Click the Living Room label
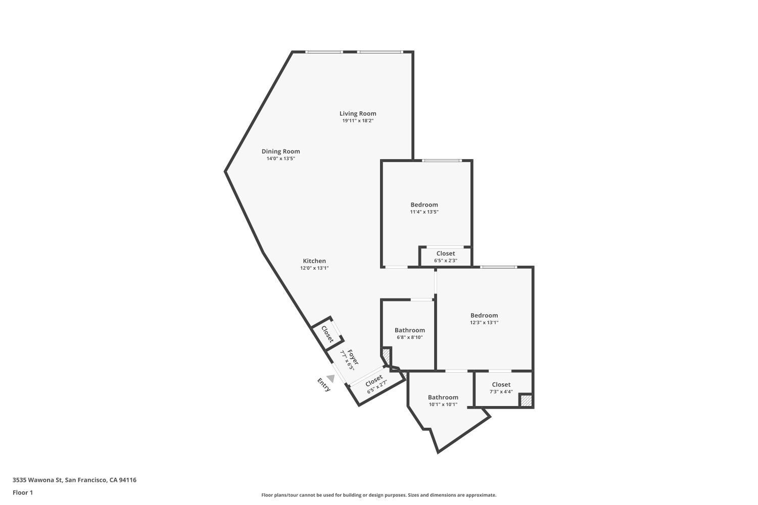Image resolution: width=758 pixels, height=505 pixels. click(357, 114)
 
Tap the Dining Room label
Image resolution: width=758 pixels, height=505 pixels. click(280, 151)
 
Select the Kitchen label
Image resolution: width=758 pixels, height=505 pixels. click(314, 261)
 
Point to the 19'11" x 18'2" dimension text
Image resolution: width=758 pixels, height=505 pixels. click(357, 121)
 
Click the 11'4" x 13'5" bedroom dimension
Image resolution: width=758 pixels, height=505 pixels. click(424, 212)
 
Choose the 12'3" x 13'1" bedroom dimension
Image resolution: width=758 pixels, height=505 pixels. click(484, 323)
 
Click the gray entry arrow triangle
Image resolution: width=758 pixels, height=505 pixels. click(330, 378)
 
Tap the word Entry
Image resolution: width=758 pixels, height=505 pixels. click(323, 385)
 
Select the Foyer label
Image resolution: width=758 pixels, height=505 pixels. click(353, 357)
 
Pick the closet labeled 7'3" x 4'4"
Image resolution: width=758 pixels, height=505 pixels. click(501, 388)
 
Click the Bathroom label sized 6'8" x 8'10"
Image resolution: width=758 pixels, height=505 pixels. click(409, 330)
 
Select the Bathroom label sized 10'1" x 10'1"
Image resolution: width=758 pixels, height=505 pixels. click(443, 397)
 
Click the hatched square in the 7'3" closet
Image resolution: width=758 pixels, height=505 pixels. click(526, 400)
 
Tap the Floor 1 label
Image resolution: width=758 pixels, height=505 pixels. click(23, 493)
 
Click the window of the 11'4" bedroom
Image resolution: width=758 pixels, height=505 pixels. click(442, 161)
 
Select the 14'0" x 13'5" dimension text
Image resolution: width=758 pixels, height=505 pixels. click(280, 159)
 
